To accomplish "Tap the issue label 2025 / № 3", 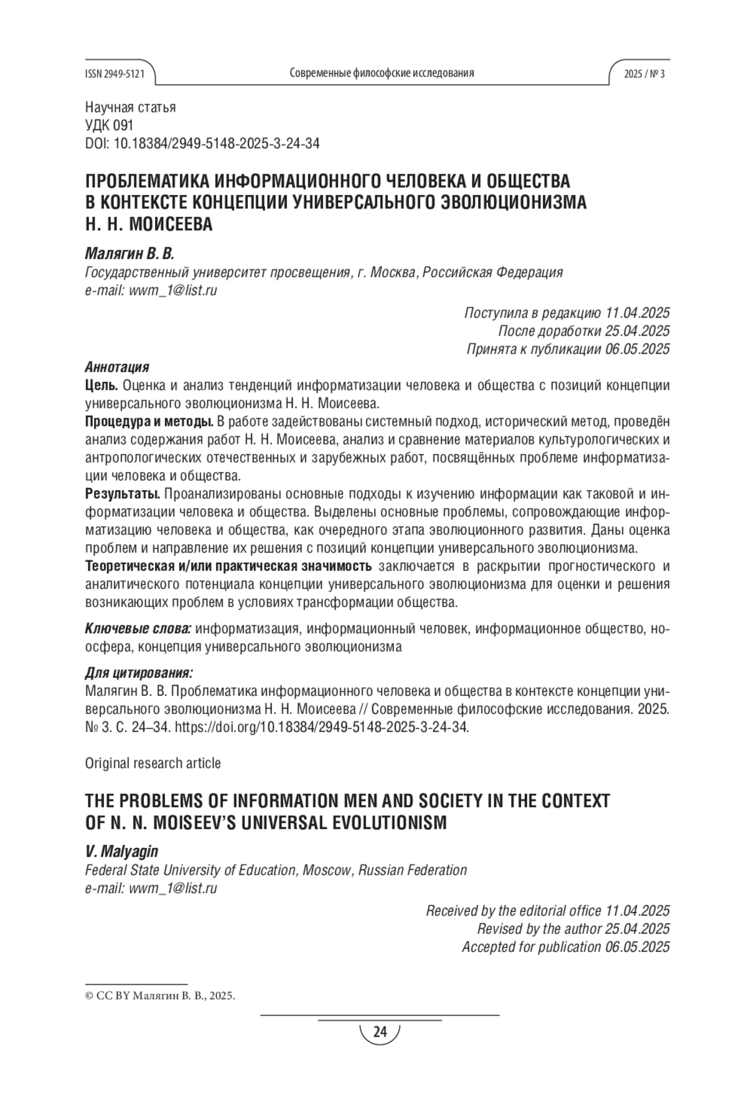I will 644,73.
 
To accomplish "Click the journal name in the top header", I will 382,73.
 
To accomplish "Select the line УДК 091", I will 109,125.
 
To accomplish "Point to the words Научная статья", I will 130,107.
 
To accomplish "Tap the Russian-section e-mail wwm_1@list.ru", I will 172,290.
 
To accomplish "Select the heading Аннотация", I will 116,367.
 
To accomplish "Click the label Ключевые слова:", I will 138,629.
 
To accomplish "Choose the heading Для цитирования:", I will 139,673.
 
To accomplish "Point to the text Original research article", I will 153,763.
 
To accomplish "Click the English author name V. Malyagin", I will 121,852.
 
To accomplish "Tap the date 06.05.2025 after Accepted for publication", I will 637,947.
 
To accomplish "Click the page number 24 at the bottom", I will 380,1033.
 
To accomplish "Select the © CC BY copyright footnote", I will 160,995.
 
